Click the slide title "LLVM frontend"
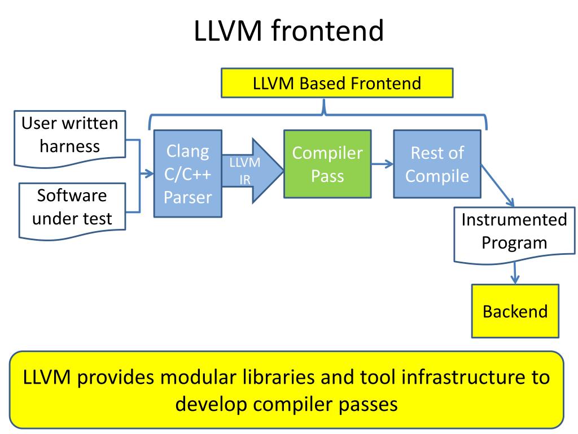click(x=288, y=31)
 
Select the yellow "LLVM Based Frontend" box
click(x=337, y=83)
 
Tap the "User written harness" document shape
click(x=69, y=139)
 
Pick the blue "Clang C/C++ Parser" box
click(x=187, y=173)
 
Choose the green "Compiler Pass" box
click(x=327, y=164)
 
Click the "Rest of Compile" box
click(x=437, y=164)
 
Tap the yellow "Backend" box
click(x=515, y=311)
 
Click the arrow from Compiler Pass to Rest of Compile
click(x=382, y=164)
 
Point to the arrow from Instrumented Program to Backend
click(x=515, y=273)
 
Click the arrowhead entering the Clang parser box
click(x=149, y=173)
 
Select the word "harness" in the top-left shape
click(x=69, y=146)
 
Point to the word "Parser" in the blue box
click(x=187, y=197)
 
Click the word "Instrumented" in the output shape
click(x=514, y=220)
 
